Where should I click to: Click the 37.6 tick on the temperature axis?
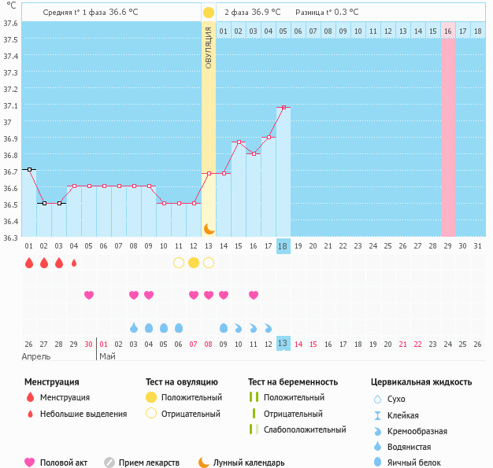coord(10,23)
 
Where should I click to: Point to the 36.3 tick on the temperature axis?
coord(10,238)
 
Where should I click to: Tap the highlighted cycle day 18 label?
coord(284,246)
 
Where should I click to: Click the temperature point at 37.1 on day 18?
coord(284,107)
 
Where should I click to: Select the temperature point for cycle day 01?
coord(29,169)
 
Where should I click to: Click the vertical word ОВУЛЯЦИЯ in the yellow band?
coord(208,47)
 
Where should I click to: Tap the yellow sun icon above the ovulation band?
coord(208,13)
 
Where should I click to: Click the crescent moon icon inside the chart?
coord(209,228)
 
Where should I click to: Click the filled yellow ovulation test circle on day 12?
coord(194,262)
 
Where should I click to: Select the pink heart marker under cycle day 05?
coord(89,295)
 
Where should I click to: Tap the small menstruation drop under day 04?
coord(74,263)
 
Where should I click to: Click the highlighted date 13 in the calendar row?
coord(284,344)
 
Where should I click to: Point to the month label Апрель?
coord(36,356)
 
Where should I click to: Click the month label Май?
coord(106,356)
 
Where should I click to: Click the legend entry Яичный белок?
coord(418,462)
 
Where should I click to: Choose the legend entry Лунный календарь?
coord(248,462)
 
